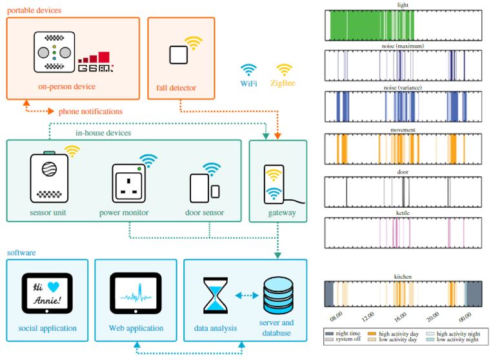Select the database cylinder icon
[x=277, y=295]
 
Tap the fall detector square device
[x=179, y=55]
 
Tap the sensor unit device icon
[x=49, y=177]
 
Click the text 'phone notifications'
[x=90, y=112]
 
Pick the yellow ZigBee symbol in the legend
[x=285, y=69]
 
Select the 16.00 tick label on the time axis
[x=400, y=318]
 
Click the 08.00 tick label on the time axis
[x=336, y=318]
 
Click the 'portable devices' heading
[x=34, y=10]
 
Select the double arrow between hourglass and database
[x=246, y=295]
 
